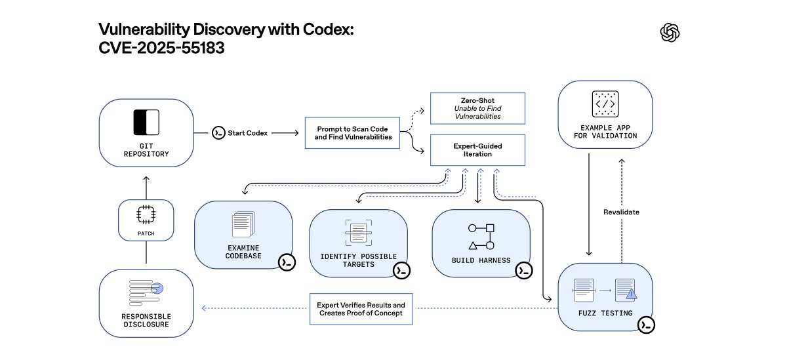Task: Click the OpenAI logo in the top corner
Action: click(670, 32)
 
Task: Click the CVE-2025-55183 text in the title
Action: click(161, 49)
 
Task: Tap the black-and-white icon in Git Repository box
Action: click(146, 123)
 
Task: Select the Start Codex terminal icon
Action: click(218, 133)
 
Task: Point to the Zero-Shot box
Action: click(477, 108)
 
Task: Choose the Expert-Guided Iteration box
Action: click(477, 150)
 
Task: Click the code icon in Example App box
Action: click(605, 104)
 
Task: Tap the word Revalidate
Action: click(620, 212)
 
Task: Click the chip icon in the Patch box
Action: click(146, 213)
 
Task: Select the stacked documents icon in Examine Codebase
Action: click(243, 225)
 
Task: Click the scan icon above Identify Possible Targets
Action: click(358, 233)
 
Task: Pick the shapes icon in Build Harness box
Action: click(481, 237)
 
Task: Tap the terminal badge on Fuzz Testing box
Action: click(647, 325)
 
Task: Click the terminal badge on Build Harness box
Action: click(523, 270)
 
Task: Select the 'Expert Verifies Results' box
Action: click(361, 309)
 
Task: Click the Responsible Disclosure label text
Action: click(146, 319)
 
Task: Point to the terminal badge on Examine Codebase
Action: click(287, 262)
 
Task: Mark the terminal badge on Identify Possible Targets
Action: click(401, 270)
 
